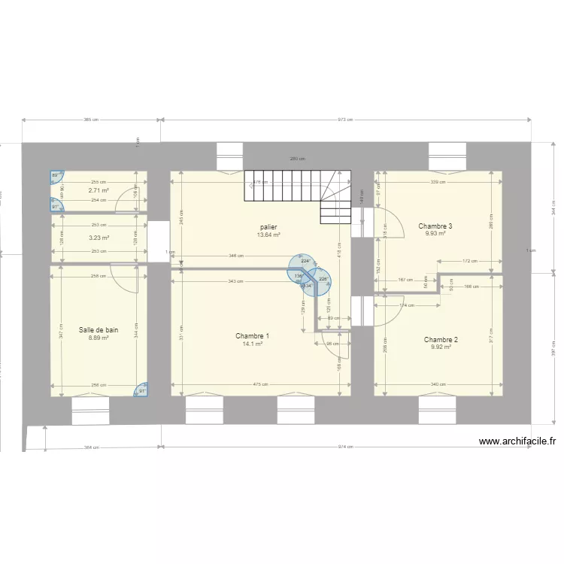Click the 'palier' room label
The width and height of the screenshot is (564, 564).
[x=268, y=226]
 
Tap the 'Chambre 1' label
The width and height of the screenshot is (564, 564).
[x=252, y=335]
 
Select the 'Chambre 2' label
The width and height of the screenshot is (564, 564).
[x=441, y=339]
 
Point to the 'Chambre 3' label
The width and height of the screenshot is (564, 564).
[x=435, y=226]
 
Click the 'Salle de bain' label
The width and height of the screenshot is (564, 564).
[x=99, y=329]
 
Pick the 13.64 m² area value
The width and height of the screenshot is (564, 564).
[x=268, y=235]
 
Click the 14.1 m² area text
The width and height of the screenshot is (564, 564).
[x=252, y=344]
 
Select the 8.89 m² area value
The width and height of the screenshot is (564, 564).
[x=99, y=338]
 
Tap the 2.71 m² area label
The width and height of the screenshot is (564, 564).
[x=99, y=191]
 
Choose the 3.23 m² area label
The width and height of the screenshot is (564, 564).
[x=99, y=238]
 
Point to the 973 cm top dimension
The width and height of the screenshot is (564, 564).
[x=345, y=120]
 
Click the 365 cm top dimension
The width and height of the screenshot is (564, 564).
[x=91, y=120]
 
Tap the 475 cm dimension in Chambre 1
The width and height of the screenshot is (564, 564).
[x=260, y=385]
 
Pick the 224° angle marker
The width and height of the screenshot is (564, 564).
[x=305, y=261]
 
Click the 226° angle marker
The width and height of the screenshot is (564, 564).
[x=323, y=279]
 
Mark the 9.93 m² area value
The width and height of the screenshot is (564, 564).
[x=435, y=234]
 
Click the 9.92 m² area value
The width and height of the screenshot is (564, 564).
[x=441, y=347]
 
